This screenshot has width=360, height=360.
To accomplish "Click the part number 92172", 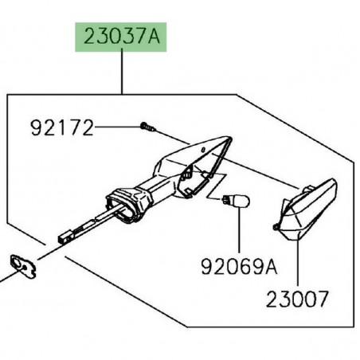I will pyautogui.click(x=63, y=127).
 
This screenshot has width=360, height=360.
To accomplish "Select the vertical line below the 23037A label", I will pyautogui.click(x=121, y=72).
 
